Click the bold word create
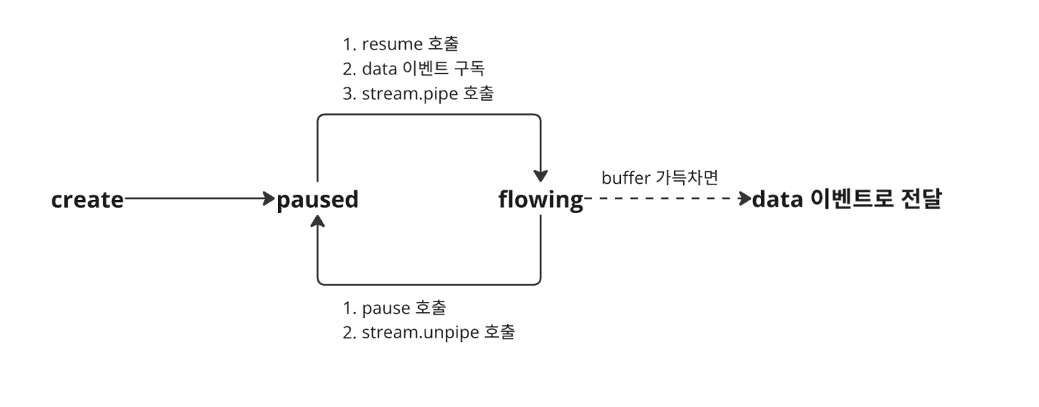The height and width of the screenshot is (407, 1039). tap(88, 199)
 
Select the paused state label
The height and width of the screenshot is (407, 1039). tap(317, 199)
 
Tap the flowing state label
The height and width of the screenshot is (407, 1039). tap(541, 199)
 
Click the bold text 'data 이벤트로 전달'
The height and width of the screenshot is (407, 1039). tap(846, 199)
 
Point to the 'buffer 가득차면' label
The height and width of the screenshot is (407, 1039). tap(661, 177)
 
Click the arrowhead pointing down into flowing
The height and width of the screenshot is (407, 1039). tap(541, 176)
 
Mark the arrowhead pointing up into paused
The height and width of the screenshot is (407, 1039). tap(317, 224)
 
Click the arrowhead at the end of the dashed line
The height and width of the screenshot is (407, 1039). tap(745, 199)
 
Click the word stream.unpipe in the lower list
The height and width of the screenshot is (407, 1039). tap(420, 333)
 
